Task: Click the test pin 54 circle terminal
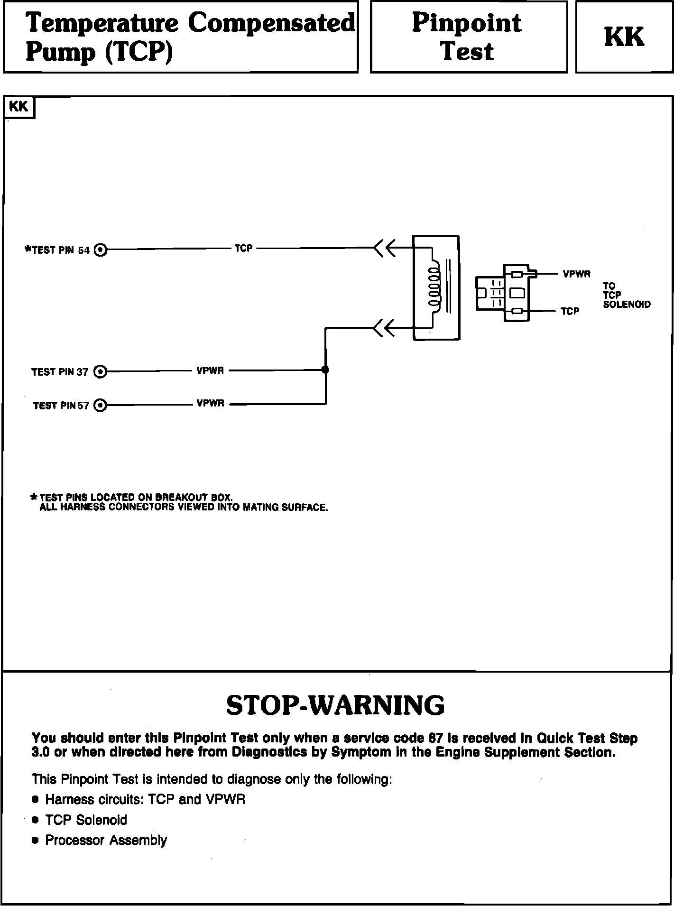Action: (101, 250)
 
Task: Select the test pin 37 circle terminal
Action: (100, 371)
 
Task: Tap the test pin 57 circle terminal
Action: (100, 405)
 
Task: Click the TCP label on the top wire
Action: (243, 248)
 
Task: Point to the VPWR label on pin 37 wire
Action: (210, 370)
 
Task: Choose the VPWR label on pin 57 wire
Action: (210, 404)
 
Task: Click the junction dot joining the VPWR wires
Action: (325, 370)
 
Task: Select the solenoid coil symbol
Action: (434, 287)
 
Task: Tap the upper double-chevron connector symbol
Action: (384, 248)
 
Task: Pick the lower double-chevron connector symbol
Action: (384, 328)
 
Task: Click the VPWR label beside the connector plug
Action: (576, 274)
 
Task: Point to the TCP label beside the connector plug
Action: (570, 311)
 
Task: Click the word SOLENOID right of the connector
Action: (627, 305)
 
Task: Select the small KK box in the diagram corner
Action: (19, 107)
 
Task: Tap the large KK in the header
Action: (624, 37)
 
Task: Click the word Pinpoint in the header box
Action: (467, 23)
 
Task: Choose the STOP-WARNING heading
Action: (335, 705)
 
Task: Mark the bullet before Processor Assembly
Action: (35, 841)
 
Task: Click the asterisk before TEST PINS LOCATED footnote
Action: (34, 497)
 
